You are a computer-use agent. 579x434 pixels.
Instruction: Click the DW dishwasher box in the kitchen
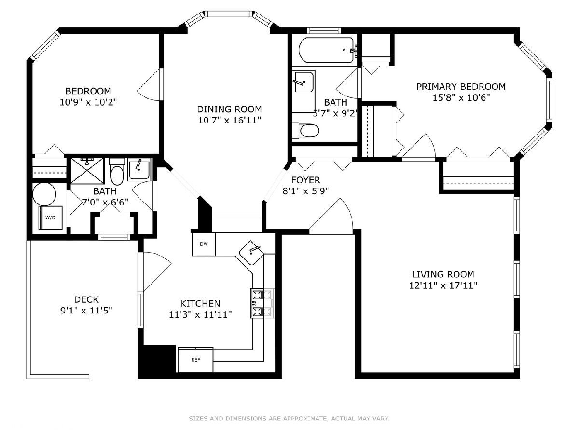pyautogui.click(x=204, y=244)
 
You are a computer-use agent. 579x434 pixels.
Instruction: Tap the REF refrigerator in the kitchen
pyautogui.click(x=195, y=360)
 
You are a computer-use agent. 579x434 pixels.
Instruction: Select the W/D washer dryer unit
pyautogui.click(x=50, y=217)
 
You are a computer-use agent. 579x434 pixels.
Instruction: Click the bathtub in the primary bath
pyautogui.click(x=326, y=50)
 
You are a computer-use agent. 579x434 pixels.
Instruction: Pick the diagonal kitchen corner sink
pyautogui.click(x=251, y=252)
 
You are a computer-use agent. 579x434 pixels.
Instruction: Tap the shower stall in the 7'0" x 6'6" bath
pyautogui.click(x=88, y=171)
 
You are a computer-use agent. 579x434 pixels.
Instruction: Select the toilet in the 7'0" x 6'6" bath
pyautogui.click(x=117, y=172)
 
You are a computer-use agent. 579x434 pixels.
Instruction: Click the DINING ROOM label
pyautogui.click(x=229, y=109)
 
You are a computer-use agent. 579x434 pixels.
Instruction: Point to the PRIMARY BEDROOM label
pyautogui.click(x=461, y=87)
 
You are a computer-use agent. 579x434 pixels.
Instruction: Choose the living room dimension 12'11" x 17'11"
pyautogui.click(x=443, y=285)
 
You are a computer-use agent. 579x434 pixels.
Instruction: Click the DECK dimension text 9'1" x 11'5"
pyautogui.click(x=86, y=311)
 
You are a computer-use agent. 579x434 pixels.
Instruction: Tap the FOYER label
pyautogui.click(x=305, y=180)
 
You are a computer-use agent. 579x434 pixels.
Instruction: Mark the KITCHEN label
pyautogui.click(x=200, y=304)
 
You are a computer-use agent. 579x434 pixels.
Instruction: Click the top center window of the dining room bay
pyautogui.click(x=229, y=14)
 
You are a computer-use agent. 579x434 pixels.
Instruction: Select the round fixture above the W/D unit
pyautogui.click(x=44, y=194)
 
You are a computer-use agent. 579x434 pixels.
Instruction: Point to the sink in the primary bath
pyautogui.click(x=304, y=81)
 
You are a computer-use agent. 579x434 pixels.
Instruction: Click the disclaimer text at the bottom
pyautogui.click(x=289, y=419)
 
